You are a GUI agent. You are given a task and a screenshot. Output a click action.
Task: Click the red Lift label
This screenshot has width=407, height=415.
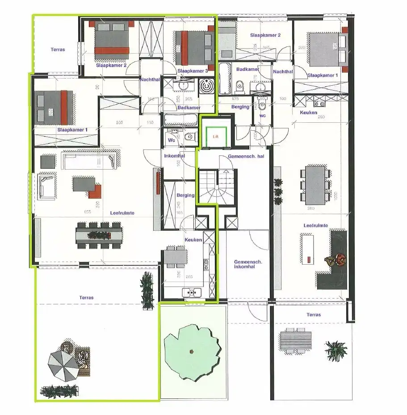[x=216, y=137]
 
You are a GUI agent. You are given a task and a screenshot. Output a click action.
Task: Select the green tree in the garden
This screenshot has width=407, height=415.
[x=192, y=348]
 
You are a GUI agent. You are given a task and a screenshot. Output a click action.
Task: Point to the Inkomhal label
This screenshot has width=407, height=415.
[x=172, y=156]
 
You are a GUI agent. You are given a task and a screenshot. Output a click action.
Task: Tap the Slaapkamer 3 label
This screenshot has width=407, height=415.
[x=193, y=71]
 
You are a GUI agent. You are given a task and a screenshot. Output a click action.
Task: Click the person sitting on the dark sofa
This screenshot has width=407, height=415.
[x=340, y=259]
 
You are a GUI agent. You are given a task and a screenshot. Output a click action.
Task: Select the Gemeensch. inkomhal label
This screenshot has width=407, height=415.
[x=244, y=265]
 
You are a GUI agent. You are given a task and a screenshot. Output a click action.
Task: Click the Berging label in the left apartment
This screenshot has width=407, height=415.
[x=185, y=195]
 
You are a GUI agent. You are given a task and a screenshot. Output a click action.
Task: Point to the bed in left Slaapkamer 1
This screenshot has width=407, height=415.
[x=52, y=107]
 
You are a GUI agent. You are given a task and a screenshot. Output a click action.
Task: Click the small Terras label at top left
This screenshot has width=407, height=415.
[x=57, y=50]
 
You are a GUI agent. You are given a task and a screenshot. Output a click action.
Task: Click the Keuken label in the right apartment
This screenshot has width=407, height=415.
[x=308, y=112]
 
